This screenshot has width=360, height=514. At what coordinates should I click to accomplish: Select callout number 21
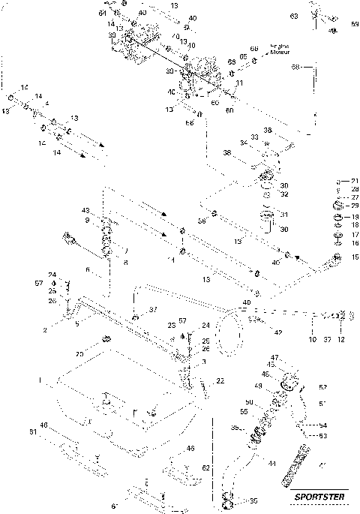pos(355,181)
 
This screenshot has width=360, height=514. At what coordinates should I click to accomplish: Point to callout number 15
pos(355,257)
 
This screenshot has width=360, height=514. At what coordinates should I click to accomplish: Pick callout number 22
pos(220,382)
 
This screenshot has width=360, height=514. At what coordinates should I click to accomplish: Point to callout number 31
pos(283,214)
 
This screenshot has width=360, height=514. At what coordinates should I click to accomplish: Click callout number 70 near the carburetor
pos(175,36)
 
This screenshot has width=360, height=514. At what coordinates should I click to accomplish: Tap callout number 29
pos(355,206)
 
